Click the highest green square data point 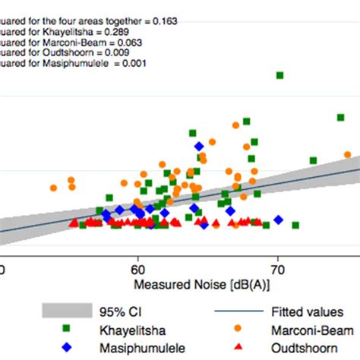coord(279,75)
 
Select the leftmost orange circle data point coord(54,188)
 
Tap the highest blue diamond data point coord(199,147)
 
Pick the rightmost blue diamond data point coord(279,219)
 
